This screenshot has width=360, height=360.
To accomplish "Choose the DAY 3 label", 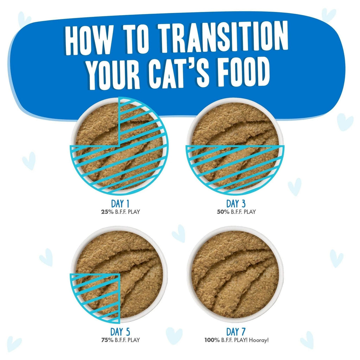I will coord(236,204).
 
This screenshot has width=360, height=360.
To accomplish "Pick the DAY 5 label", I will coord(119,332).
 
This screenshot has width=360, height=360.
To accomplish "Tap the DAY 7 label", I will coord(236,332).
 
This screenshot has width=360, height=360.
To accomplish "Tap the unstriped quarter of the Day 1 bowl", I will coord(97,123).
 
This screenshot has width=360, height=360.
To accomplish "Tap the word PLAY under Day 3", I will coord(249,212).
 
